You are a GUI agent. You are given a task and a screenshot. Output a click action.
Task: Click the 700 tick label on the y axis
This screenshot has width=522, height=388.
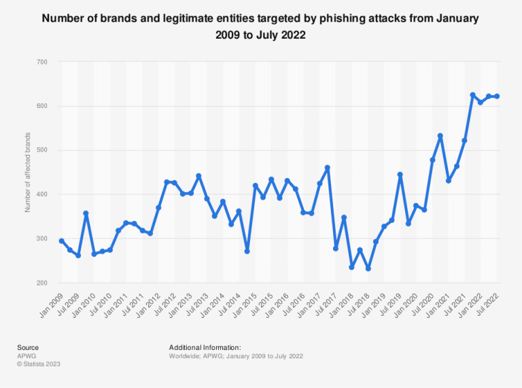[42, 62]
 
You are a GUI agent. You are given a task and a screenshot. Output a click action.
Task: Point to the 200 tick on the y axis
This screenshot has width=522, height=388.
[42, 283]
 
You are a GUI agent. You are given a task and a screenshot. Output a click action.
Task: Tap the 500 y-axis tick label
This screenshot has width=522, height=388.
[42, 150]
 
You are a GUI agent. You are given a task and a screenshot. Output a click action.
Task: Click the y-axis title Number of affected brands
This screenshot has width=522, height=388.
[28, 172]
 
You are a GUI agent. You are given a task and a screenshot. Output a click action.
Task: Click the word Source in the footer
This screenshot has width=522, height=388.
[28, 347]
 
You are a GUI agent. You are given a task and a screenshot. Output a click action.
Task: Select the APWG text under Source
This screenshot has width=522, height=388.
[27, 355]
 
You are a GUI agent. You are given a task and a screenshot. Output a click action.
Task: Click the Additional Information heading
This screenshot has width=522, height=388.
[205, 347]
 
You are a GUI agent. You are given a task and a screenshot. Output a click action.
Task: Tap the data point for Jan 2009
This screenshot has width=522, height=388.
[62, 241]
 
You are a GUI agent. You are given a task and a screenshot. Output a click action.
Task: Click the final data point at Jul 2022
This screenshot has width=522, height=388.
[497, 96]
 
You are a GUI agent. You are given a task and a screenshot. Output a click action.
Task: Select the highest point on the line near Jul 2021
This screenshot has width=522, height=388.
[472, 95]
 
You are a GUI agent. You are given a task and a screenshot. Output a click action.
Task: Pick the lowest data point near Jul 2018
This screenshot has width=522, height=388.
[368, 268]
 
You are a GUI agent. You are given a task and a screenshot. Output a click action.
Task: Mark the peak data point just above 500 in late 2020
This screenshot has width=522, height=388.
[440, 136]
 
